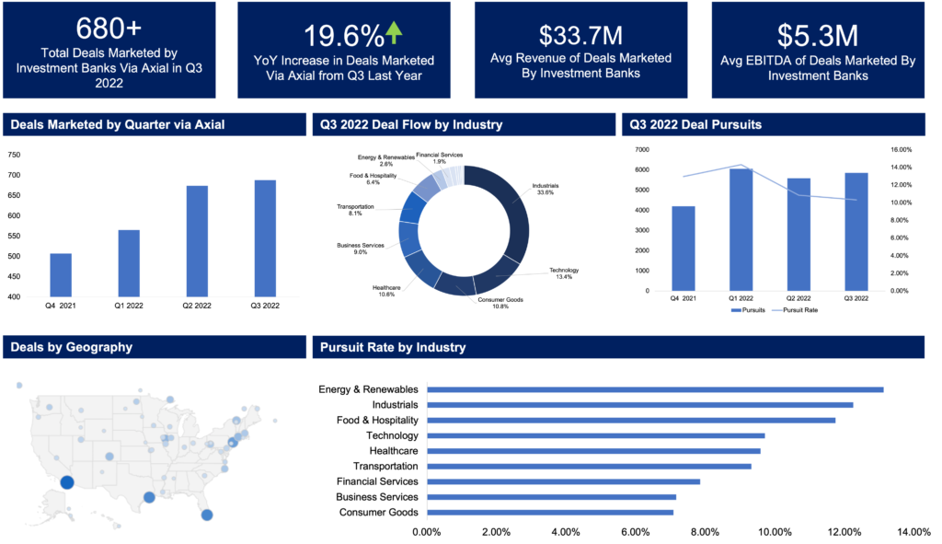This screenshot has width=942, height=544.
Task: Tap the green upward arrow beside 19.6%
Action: point(395,33)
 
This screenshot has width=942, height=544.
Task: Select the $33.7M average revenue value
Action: point(580,36)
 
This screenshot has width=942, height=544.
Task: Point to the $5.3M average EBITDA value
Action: point(818,36)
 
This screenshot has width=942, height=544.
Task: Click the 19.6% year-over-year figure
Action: point(342,37)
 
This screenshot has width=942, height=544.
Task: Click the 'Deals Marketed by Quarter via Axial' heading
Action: point(118,124)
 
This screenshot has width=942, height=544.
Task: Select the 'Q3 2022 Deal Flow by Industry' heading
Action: point(411,124)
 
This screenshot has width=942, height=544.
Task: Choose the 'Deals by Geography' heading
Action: point(72,347)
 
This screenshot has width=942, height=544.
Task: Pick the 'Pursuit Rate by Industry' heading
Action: point(393,347)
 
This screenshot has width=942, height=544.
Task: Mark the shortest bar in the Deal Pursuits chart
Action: point(684,248)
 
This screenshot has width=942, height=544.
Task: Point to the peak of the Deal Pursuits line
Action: point(741,166)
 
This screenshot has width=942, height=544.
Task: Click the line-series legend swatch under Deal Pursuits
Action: point(777,310)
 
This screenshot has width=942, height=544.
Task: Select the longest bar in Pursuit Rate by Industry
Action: point(655,389)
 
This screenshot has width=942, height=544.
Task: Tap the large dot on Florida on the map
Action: point(207,515)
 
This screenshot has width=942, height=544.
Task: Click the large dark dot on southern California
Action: point(66,482)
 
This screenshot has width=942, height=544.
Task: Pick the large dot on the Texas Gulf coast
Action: point(149,498)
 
